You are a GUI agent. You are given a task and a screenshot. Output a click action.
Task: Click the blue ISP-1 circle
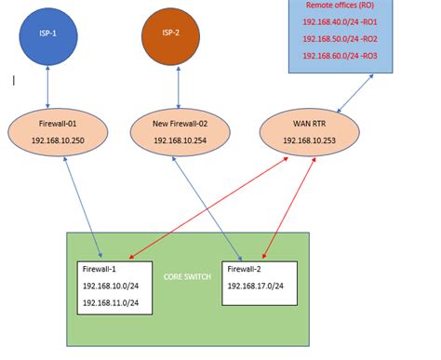click(47, 35)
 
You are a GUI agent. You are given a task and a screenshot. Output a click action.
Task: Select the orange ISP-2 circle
click(170, 35)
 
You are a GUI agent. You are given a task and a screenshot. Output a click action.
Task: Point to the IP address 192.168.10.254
click(180, 140)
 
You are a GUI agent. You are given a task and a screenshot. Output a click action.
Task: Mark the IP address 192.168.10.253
click(306, 140)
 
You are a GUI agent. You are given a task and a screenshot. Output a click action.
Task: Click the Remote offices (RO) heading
click(341, 6)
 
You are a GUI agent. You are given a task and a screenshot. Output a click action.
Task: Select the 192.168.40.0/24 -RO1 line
click(340, 21)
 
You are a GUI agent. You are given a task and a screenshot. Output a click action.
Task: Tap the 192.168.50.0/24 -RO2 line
click(340, 39)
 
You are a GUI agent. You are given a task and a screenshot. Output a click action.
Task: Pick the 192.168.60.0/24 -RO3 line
click(340, 56)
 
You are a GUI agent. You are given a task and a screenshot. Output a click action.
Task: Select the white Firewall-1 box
click(114, 287)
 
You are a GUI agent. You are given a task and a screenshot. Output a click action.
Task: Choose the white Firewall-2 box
click(260, 283)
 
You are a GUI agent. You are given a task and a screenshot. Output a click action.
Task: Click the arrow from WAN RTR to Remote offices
click(354, 93)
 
